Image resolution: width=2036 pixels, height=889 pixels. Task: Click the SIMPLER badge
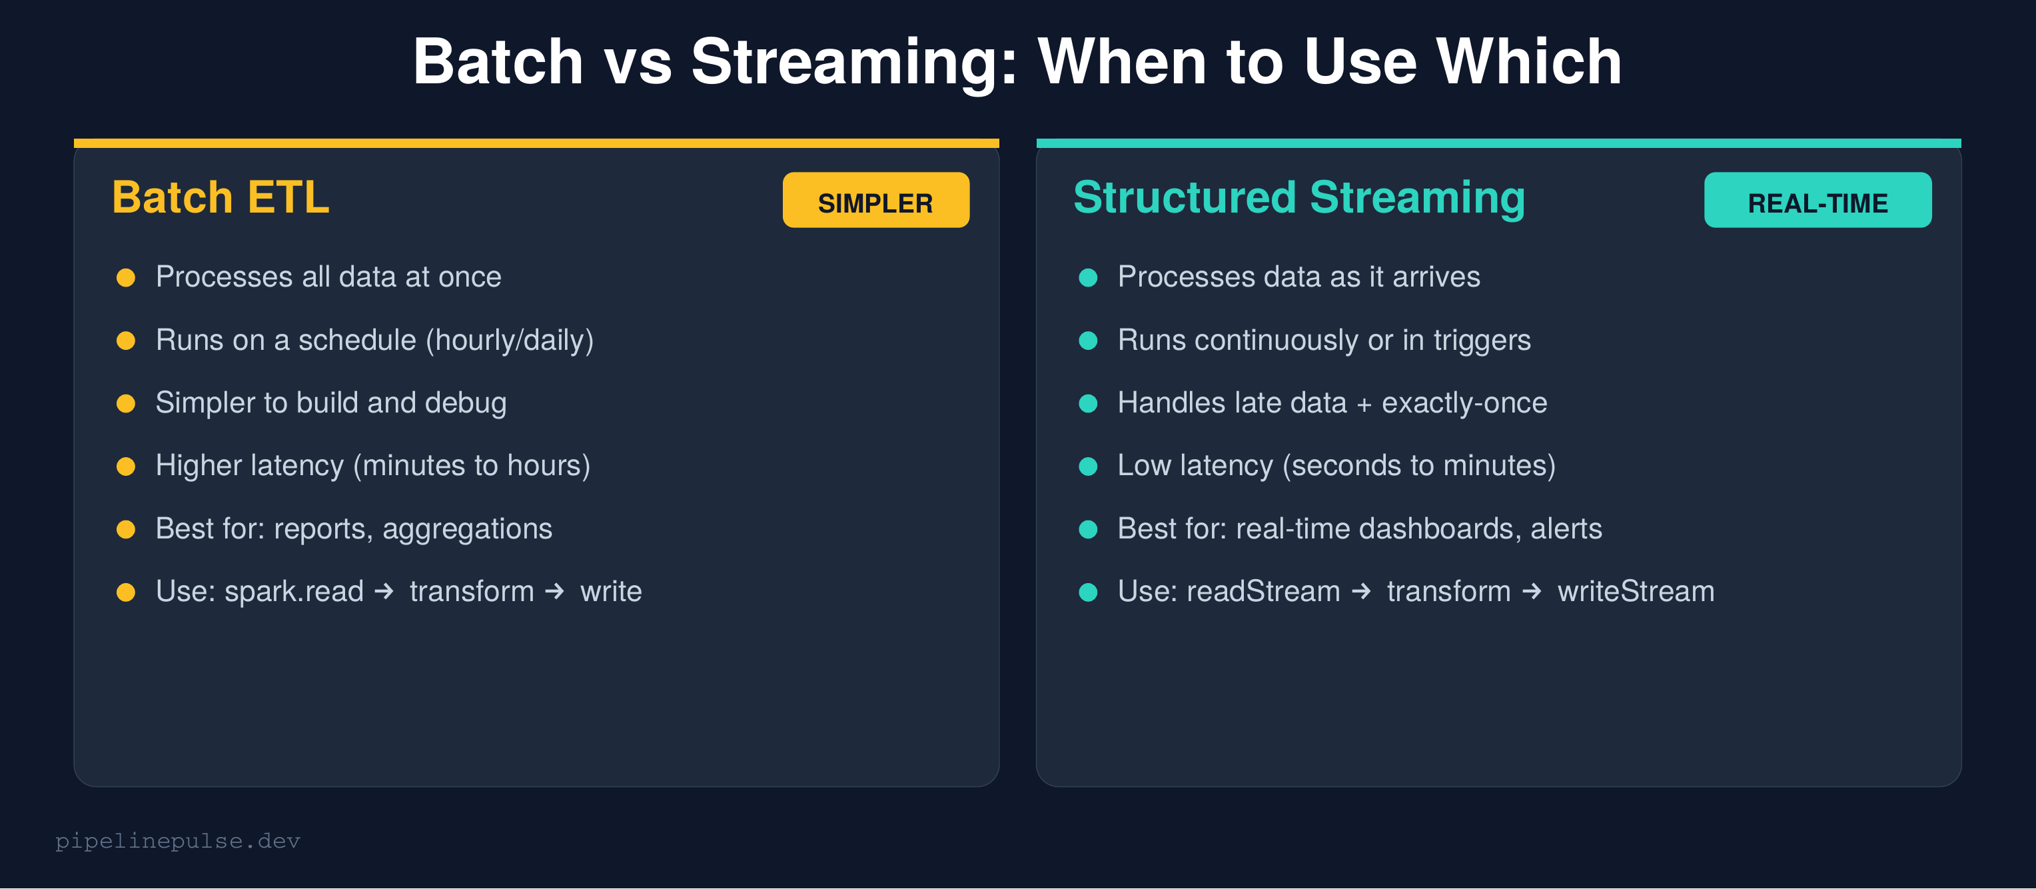coord(875,201)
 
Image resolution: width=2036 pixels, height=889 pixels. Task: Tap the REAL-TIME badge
coord(1817,201)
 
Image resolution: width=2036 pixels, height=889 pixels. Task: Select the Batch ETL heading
coord(221,197)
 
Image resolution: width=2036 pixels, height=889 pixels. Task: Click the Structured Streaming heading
coord(1298,197)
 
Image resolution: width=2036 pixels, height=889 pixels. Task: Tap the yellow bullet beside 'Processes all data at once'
coord(126,278)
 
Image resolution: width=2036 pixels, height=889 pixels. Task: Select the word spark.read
coord(294,592)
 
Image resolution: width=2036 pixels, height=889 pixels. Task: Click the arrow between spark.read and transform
coord(384,592)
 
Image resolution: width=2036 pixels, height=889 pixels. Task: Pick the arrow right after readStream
coord(1360,592)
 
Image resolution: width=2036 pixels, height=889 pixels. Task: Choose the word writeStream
coord(1636,592)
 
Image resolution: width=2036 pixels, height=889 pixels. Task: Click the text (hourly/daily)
coord(510,340)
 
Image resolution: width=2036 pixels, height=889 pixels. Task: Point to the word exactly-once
coord(1464,403)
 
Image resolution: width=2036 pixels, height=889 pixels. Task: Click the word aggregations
coord(467,529)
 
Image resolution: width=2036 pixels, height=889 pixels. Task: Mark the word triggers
coord(1482,340)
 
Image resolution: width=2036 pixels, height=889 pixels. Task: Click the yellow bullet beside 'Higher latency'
coord(126,466)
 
